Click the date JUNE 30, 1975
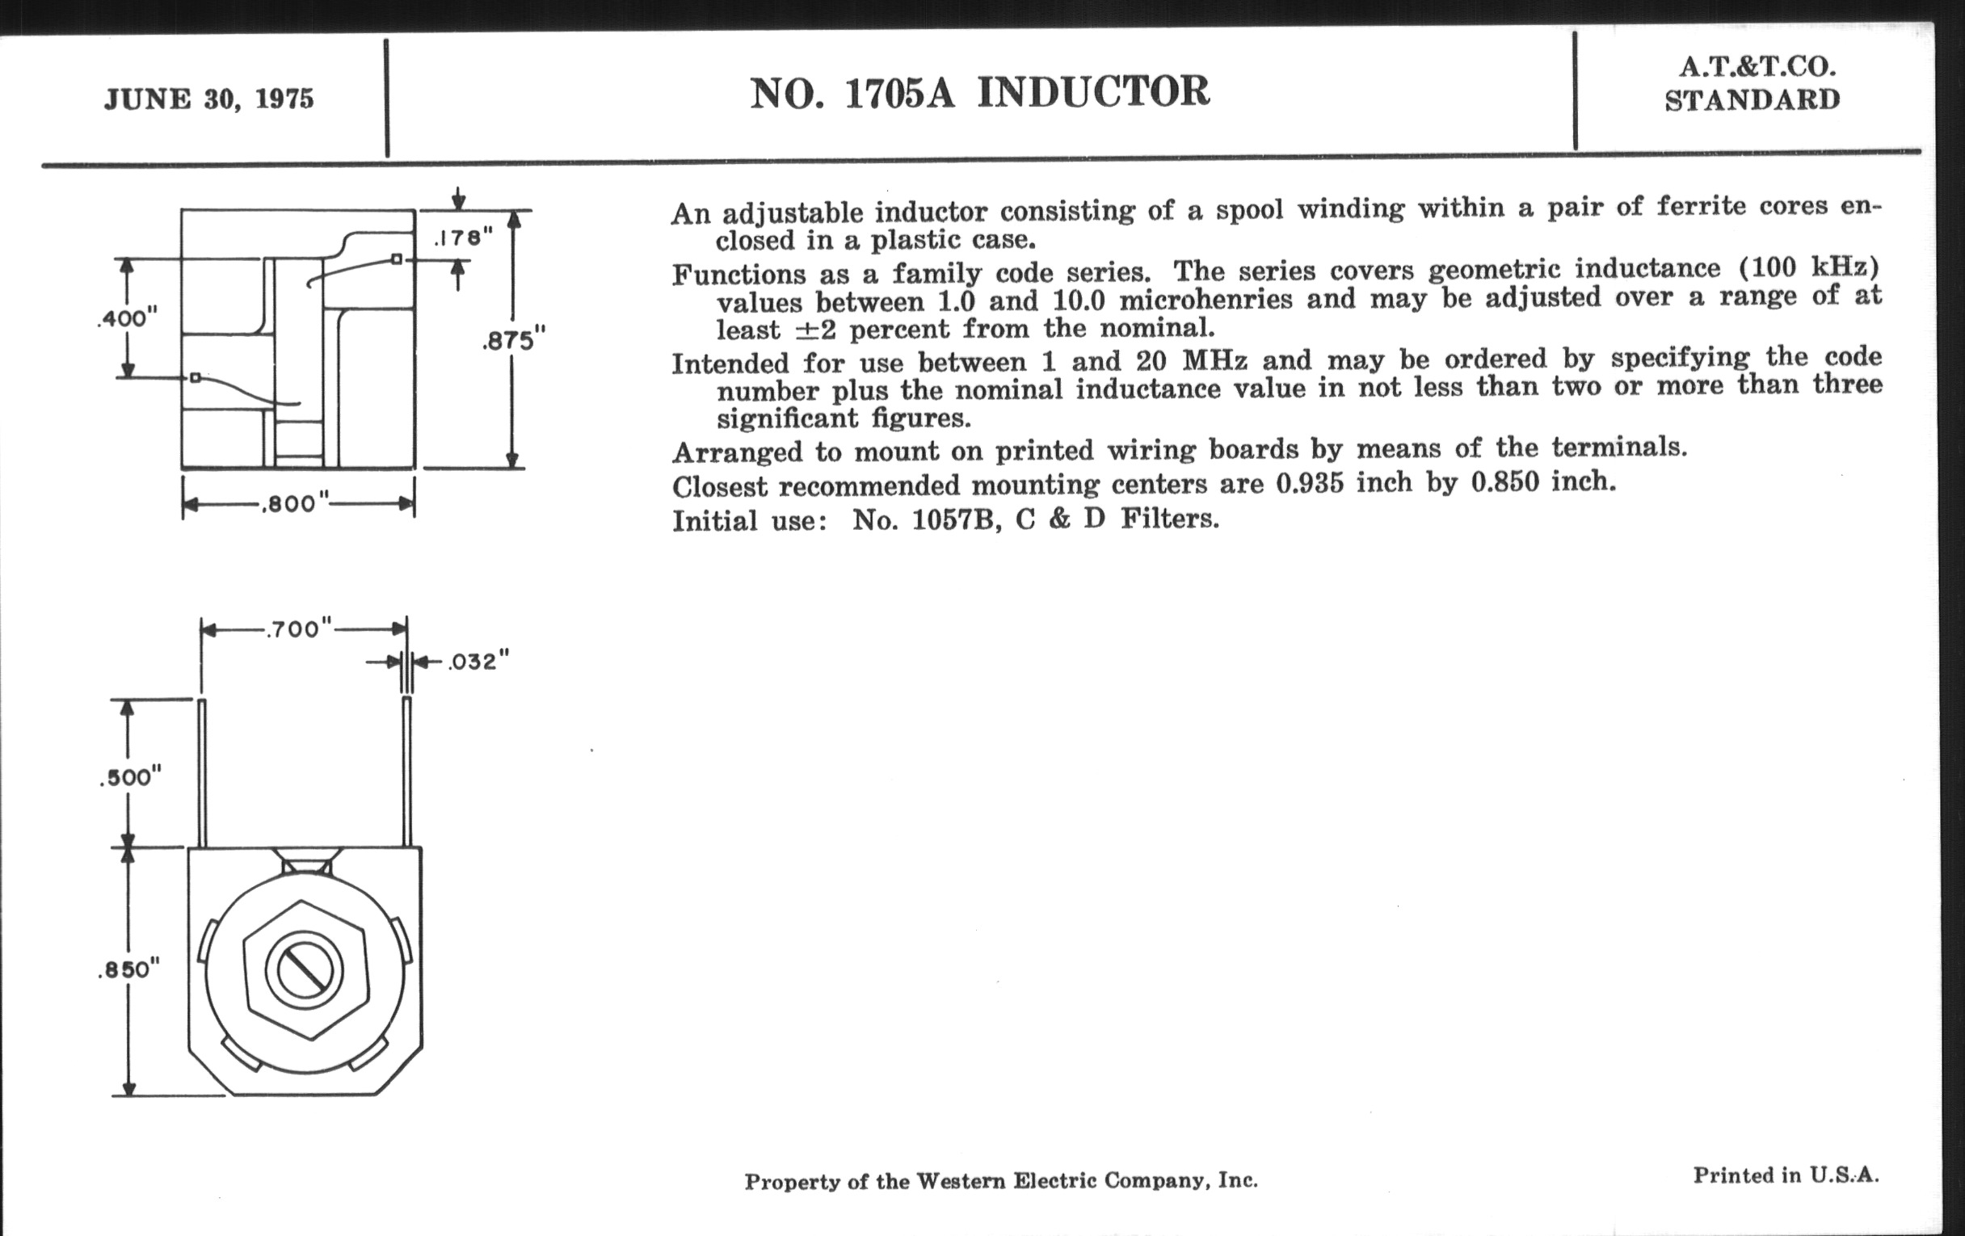coord(209,99)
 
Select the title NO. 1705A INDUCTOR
coord(979,92)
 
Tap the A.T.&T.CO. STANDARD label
coord(1752,84)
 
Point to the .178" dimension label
coord(463,238)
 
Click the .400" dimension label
coord(127,318)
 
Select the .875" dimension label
coord(513,340)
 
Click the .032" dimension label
coord(478,662)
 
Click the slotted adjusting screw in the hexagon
coord(305,970)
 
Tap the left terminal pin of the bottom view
coord(202,771)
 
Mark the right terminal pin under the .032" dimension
coord(407,771)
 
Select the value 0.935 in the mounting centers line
coord(1310,484)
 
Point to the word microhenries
coord(1206,301)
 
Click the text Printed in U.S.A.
coord(1786,1175)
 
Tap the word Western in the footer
coord(961,1180)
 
